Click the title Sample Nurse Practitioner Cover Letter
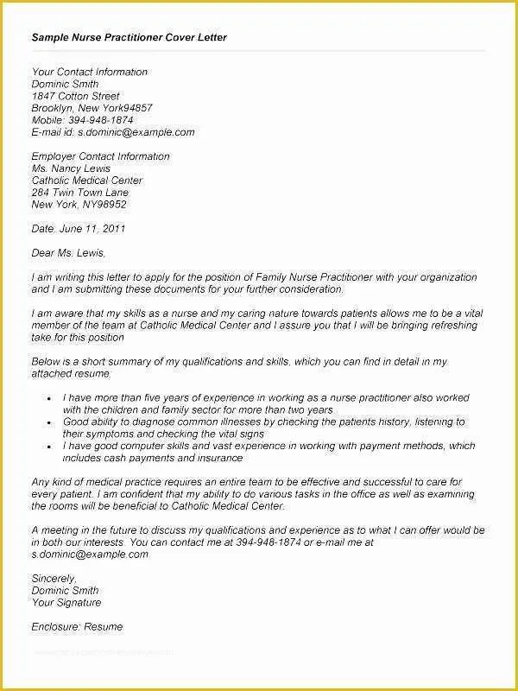click(129, 39)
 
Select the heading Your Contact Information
click(90, 73)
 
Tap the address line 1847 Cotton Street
click(75, 97)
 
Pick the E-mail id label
click(52, 133)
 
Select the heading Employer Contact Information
click(100, 157)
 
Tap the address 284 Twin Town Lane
click(79, 193)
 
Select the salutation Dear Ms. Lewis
click(68, 253)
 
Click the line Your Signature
click(66, 602)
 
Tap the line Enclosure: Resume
click(77, 626)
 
